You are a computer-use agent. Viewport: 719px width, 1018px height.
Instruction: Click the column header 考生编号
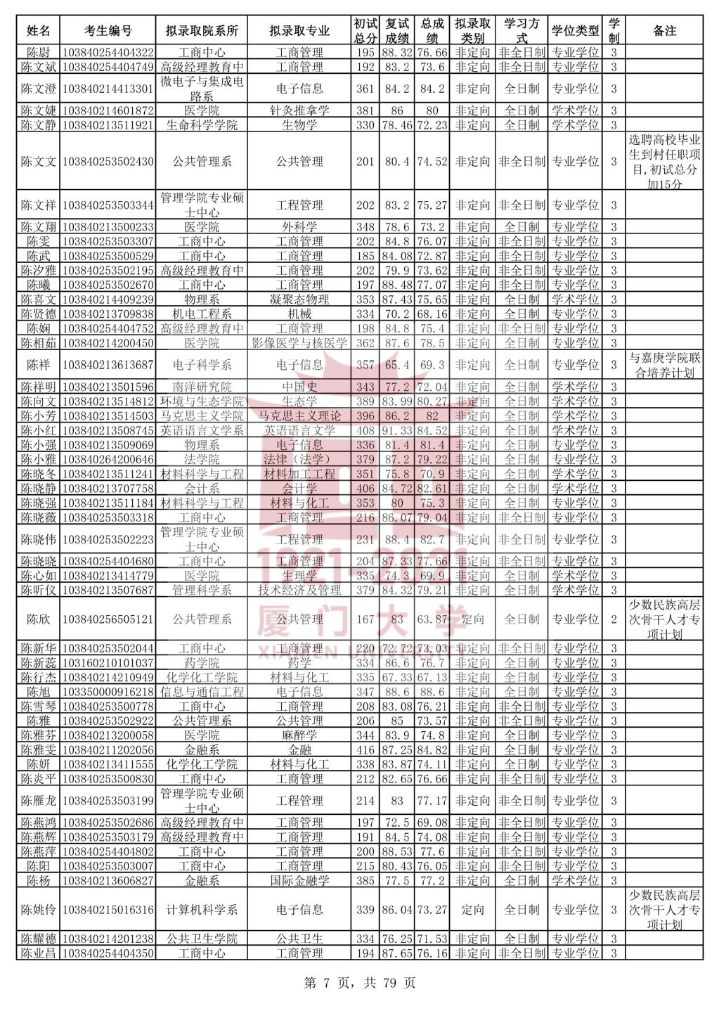[x=108, y=31]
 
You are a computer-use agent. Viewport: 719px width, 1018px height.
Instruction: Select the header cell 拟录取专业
[x=299, y=31]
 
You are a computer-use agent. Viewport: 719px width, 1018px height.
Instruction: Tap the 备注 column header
[x=664, y=31]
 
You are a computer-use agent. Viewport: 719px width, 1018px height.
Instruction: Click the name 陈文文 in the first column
[x=38, y=162]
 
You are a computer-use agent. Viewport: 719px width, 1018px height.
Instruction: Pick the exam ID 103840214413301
[x=108, y=89]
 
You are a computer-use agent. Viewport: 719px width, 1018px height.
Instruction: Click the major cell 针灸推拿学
[x=299, y=110]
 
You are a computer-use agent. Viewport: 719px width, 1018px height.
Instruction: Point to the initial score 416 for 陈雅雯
[x=365, y=750]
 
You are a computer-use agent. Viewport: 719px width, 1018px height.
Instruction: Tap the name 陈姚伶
[x=38, y=910]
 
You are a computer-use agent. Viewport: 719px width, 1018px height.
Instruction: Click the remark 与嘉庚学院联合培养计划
[x=664, y=366]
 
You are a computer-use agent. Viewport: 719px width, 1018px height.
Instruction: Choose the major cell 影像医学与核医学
[x=299, y=343]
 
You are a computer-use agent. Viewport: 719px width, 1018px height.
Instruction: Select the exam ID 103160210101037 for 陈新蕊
[x=108, y=663]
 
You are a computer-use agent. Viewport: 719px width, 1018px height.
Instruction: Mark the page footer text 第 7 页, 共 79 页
[x=359, y=983]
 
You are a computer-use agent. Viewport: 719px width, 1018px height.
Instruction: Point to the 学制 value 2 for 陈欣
[x=614, y=619]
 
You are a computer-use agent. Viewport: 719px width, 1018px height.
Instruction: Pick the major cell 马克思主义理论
[x=299, y=416]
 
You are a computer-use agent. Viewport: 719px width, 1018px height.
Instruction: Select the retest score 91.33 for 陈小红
[x=397, y=430]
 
